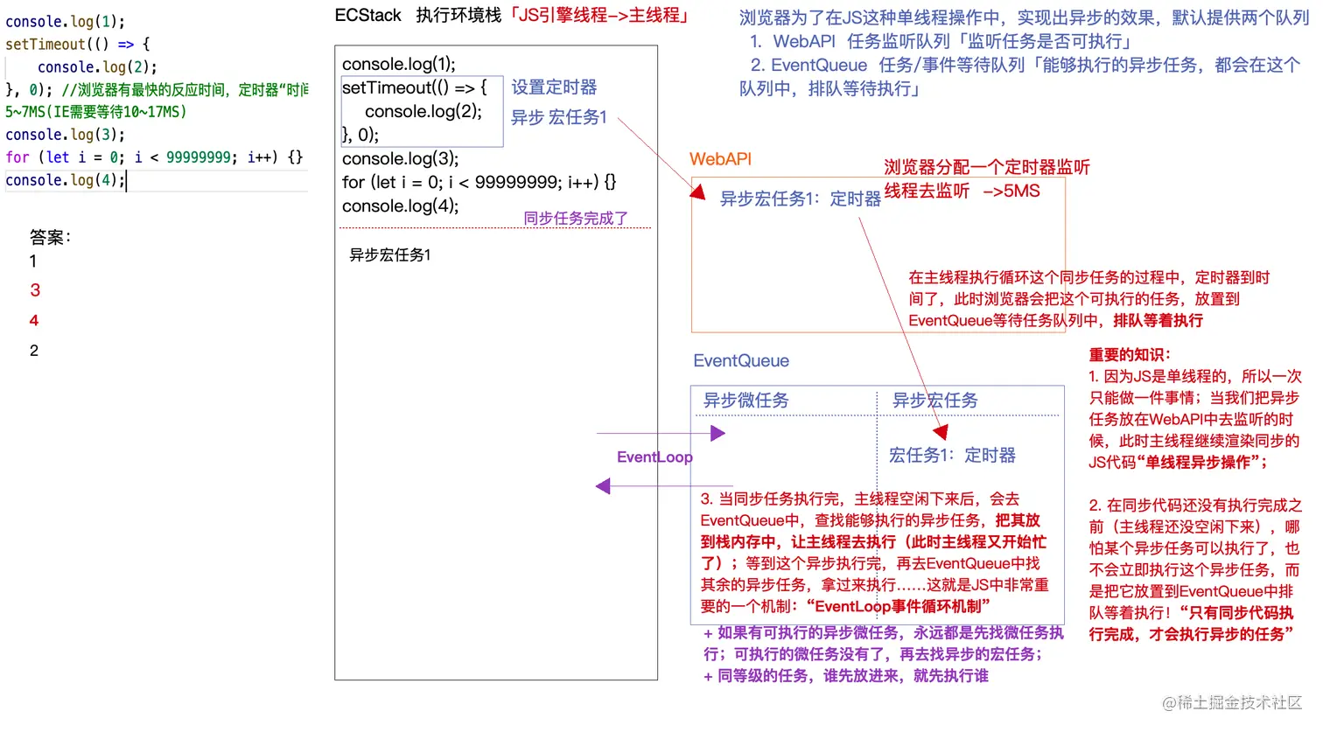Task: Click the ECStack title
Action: (x=367, y=16)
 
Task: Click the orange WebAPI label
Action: (x=720, y=159)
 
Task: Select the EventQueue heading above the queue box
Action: (x=741, y=361)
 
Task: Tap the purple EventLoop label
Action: (x=654, y=457)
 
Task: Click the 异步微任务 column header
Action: (x=746, y=401)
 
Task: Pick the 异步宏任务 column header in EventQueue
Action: (x=934, y=401)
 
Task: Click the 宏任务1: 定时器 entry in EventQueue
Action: (x=952, y=456)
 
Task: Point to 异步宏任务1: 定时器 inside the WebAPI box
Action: (x=800, y=199)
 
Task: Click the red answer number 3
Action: (x=35, y=290)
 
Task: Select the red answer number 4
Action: (x=34, y=321)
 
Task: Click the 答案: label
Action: (x=50, y=237)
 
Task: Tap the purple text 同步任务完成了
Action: (x=576, y=219)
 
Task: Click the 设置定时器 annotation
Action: (x=554, y=87)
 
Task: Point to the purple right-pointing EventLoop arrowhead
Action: (x=718, y=433)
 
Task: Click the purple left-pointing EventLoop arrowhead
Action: (x=603, y=486)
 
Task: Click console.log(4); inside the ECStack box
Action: (x=400, y=206)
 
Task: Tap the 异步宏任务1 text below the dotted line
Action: (x=390, y=255)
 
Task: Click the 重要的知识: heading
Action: (x=1130, y=355)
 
